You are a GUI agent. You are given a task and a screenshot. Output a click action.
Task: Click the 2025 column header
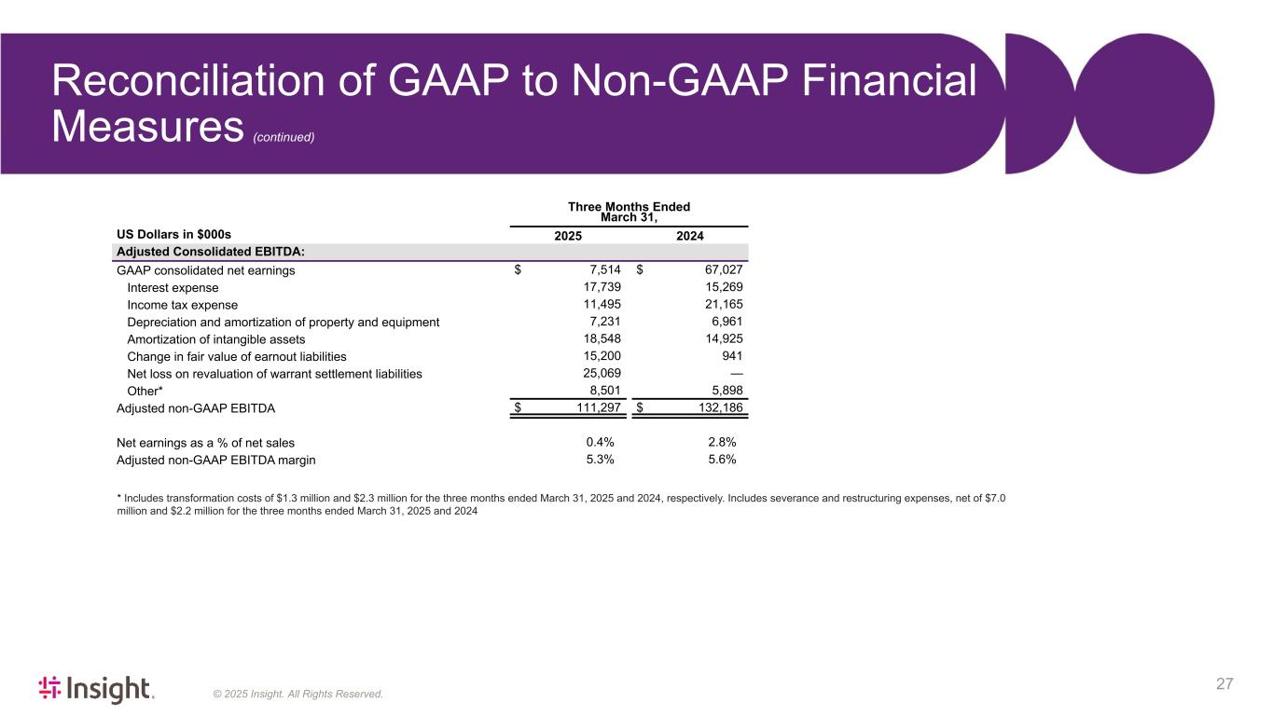[568, 237]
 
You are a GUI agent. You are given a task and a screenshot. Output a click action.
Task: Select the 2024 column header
[689, 237]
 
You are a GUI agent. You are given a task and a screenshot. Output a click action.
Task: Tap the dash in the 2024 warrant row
[735, 374]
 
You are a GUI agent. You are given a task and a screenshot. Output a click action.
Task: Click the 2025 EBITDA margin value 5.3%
[599, 460]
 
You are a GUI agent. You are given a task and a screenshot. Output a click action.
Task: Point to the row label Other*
[145, 391]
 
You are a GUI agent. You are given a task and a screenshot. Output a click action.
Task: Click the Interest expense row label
[173, 288]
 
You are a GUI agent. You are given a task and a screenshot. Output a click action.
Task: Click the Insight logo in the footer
[95, 689]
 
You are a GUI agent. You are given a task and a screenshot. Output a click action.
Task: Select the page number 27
[1225, 684]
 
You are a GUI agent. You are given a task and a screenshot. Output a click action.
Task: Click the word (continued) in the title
[284, 137]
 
